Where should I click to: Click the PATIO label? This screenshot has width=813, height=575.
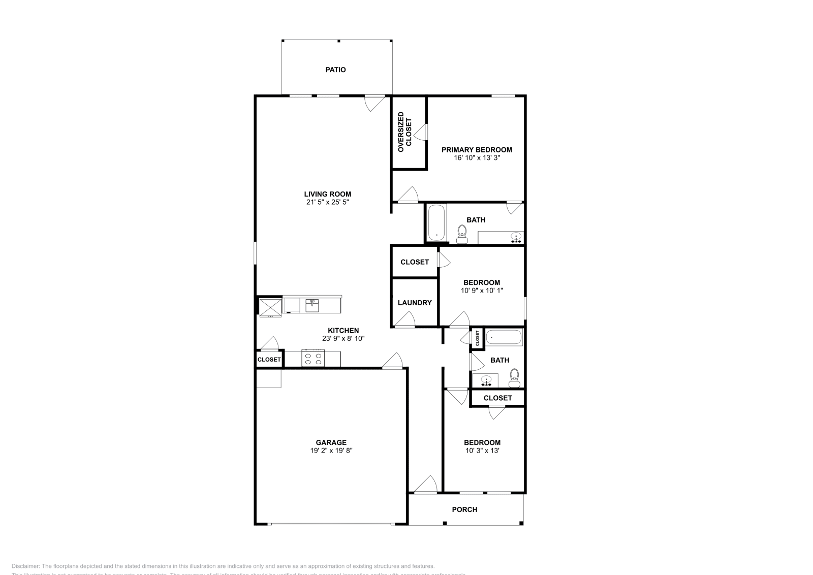coord(335,70)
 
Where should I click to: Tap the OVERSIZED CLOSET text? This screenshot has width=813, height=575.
coord(404,132)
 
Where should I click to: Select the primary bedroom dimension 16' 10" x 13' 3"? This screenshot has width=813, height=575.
coord(476,158)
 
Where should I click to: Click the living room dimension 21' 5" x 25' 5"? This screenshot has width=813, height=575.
coord(327,202)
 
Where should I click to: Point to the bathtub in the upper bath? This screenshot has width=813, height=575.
coord(436,222)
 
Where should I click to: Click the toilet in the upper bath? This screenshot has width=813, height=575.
coord(462,233)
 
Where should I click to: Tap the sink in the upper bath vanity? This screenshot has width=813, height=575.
coord(516,237)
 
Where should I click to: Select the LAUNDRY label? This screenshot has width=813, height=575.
coord(415,303)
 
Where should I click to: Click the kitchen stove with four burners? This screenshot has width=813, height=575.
coord(313,359)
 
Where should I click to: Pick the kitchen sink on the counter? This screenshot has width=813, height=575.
coord(312,305)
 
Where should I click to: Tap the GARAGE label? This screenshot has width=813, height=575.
coord(331,442)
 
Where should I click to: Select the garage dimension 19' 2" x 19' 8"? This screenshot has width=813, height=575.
coord(331,451)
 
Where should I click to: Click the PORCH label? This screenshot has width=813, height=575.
coord(464,509)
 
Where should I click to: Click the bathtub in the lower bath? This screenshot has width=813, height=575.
coord(504,338)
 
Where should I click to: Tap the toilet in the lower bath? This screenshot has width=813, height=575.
coord(514,376)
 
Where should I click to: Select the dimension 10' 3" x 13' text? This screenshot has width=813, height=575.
coord(482,451)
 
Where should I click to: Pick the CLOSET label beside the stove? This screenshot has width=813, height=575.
coord(269,360)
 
